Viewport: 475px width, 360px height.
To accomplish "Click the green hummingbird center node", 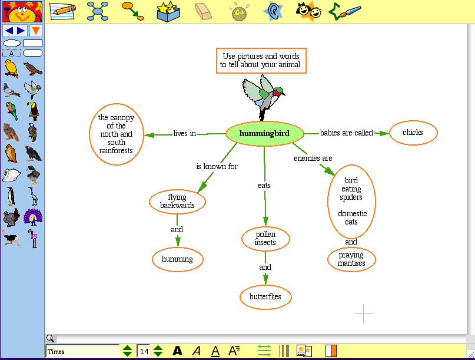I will point(264,134).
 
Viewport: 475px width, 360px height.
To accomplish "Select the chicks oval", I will point(413,133).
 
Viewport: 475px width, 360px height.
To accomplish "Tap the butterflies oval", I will point(265,296).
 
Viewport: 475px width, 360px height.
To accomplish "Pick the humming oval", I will point(177,259).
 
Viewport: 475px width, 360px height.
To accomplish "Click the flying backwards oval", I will point(177,202).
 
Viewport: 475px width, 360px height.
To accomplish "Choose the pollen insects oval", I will point(265,239).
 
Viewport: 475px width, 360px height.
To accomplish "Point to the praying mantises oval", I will point(351,259).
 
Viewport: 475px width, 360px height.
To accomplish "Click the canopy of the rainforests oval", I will point(116,134).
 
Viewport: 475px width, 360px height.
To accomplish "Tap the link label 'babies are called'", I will point(346,133).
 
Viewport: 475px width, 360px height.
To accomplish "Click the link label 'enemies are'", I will point(313,158).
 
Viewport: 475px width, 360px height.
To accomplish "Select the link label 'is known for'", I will point(217,167).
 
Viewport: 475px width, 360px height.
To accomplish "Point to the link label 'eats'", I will point(264,186).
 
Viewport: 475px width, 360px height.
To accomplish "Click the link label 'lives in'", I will point(184,134).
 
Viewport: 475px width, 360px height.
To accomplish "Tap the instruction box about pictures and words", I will point(261,61).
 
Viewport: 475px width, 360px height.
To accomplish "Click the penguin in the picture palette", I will point(11,196).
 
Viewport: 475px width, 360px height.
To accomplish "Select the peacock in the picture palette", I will point(33,217).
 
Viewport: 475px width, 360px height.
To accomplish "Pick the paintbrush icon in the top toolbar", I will point(344,11).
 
